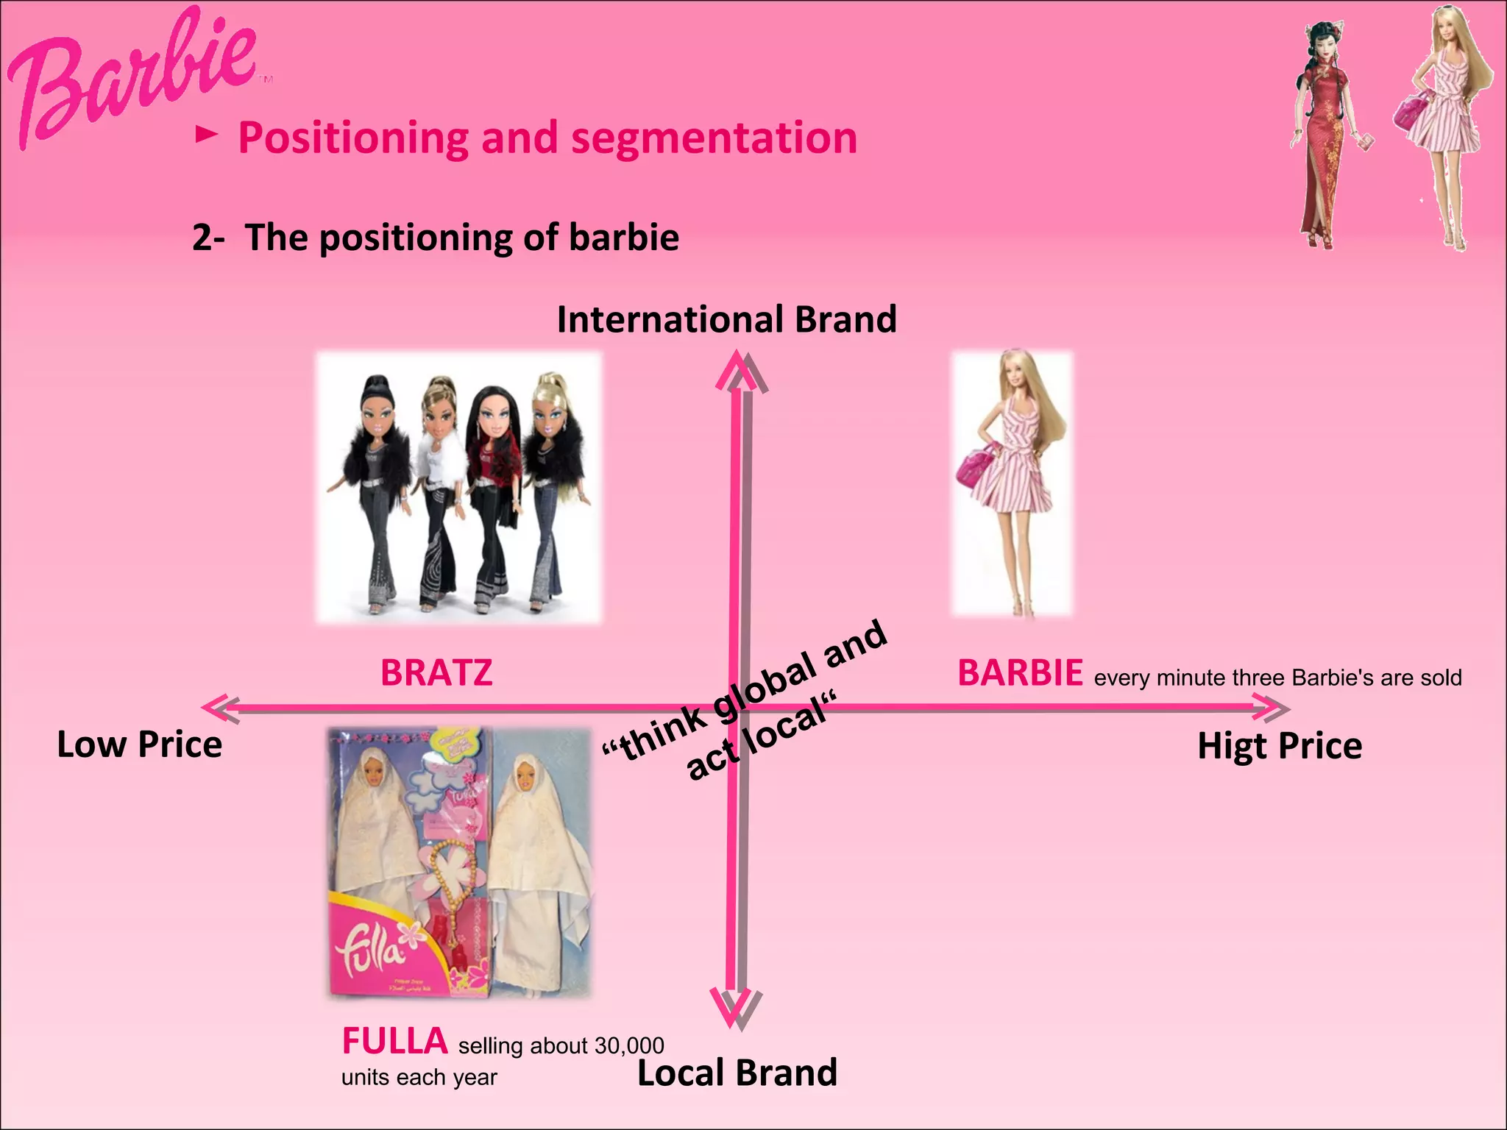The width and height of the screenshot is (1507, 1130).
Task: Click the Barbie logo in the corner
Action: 132,77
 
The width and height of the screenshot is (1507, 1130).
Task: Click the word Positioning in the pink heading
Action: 352,138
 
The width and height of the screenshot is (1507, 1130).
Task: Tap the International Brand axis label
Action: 726,319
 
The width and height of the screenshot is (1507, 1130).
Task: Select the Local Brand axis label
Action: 737,1073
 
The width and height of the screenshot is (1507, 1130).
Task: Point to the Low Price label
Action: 139,745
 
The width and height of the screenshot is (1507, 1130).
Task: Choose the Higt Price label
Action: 1280,746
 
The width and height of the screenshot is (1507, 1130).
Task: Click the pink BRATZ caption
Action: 436,672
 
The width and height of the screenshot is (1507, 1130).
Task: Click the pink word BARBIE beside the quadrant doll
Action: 1020,672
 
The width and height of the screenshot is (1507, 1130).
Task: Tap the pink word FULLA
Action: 394,1041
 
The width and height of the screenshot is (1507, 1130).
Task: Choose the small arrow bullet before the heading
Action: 207,135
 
